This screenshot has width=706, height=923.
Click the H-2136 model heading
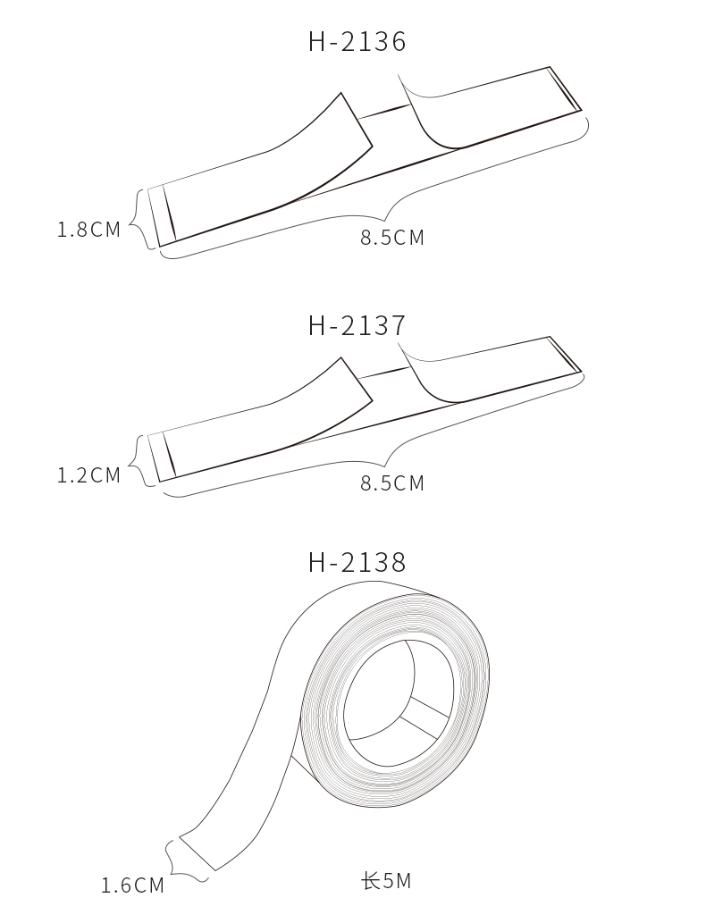[357, 42]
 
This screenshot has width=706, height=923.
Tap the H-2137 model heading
[357, 325]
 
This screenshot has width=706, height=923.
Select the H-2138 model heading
[357, 562]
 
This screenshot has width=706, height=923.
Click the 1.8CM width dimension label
[88, 229]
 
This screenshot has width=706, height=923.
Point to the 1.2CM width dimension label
[88, 475]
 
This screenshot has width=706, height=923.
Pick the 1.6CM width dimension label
[132, 885]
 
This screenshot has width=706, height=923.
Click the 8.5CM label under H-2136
[392, 237]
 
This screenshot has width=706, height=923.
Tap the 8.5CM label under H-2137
[392, 482]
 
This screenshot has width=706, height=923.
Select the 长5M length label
[386, 881]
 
